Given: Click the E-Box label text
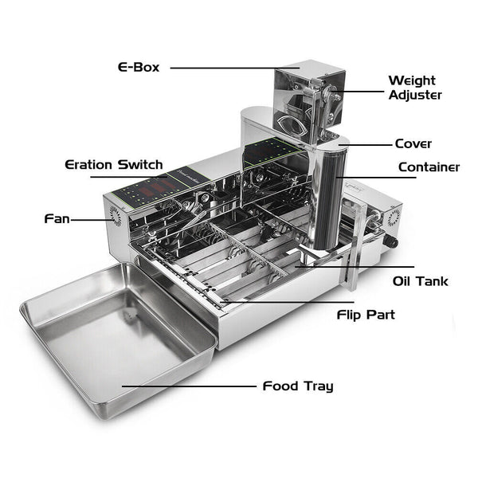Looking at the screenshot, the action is coord(139,67).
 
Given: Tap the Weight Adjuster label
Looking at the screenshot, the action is coord(415,88).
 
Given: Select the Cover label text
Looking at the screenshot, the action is coord(413,143).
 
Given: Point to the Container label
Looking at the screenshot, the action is coord(429,167).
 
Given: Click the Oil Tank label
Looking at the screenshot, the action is coord(421,281).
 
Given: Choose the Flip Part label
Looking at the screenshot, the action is coord(366,315).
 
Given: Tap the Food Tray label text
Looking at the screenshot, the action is coord(298,386).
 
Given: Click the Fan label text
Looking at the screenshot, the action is coord(57,218).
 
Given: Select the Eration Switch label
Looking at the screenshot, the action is coord(114,165).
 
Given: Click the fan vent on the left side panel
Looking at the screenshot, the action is coord(116,216).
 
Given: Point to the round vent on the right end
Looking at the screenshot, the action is coord(394,217).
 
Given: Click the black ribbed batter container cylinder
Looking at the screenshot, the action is coord(330,198).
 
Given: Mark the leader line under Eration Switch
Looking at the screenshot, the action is coord(128,177).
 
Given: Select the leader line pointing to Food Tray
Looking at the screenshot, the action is coord(189,386).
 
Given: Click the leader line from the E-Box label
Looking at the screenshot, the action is coord(235,68).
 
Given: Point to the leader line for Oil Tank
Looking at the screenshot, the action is coord(355,267).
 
